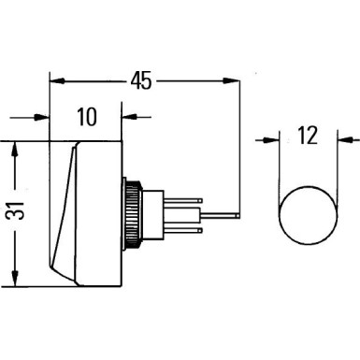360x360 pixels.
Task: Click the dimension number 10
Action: coord(86,118)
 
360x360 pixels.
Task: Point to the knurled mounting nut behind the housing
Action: coord(134,213)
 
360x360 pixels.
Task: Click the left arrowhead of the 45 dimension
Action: coord(55,80)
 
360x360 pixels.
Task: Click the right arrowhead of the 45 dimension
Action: coord(232,80)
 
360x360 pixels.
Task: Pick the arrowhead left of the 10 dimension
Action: coord(40,118)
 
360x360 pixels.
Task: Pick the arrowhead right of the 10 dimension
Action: coord(130,118)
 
